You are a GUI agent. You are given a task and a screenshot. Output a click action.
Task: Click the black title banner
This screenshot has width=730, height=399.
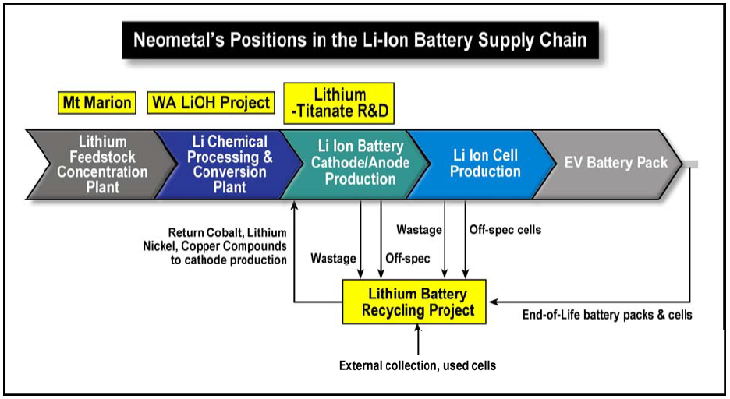click(360, 40)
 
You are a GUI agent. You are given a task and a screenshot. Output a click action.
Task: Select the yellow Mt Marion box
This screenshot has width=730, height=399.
click(97, 102)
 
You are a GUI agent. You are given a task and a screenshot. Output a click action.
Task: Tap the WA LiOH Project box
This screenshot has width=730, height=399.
click(211, 102)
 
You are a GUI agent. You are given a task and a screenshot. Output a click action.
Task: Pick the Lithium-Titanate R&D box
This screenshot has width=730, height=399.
click(339, 103)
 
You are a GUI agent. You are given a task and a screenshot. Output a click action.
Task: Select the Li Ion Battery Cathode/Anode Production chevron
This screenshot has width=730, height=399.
click(356, 164)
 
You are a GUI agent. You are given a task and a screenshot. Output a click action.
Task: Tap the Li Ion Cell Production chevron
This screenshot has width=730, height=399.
click(483, 164)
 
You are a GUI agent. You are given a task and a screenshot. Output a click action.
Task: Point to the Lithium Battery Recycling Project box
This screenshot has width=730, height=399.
click(414, 302)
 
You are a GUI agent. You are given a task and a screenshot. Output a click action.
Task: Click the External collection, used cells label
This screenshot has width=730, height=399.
click(417, 365)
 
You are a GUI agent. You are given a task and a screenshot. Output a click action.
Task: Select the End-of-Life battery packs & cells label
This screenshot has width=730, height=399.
click(607, 315)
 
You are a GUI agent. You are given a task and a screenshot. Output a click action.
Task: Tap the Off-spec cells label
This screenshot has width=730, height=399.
click(505, 229)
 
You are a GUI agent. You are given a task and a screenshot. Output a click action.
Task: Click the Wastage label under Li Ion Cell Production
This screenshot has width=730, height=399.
click(419, 230)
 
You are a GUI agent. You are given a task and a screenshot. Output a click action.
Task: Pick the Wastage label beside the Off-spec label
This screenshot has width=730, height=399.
click(333, 258)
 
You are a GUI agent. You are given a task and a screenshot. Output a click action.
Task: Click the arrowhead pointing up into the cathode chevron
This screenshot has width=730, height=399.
click(294, 204)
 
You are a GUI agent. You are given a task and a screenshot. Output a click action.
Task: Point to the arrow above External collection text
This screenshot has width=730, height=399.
click(418, 340)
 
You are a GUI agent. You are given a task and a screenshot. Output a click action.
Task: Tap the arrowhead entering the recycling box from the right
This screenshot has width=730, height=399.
click(493, 302)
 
